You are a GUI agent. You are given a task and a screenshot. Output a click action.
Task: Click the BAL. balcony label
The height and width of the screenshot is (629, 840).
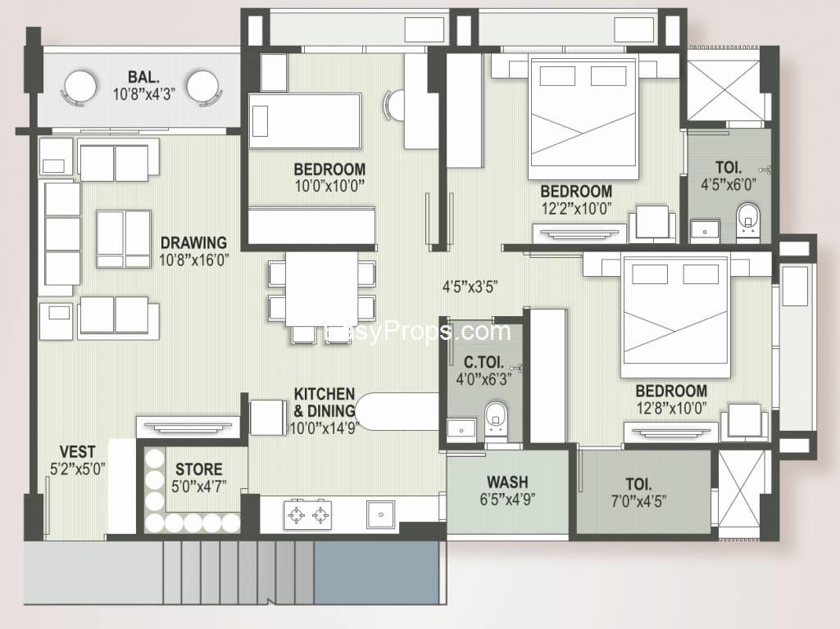pyautogui.click(x=143, y=76)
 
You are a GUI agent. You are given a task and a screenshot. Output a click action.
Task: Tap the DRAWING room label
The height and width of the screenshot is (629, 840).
pyautogui.click(x=193, y=242)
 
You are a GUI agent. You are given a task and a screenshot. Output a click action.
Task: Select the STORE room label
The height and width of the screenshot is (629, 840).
pyautogui.click(x=199, y=469)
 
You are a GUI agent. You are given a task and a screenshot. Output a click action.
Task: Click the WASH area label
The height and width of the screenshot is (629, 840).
pyautogui.click(x=507, y=482)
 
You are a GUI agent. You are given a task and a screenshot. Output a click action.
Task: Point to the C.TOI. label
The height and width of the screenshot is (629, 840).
pyautogui.click(x=484, y=362)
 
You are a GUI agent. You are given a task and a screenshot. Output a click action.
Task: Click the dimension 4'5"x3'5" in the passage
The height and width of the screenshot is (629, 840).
pyautogui.click(x=470, y=287)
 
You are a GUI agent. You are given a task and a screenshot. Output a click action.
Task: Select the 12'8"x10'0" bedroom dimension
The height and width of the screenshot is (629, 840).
pyautogui.click(x=671, y=408)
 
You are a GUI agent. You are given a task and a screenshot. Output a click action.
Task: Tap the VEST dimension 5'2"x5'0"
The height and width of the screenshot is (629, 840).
pyautogui.click(x=77, y=469)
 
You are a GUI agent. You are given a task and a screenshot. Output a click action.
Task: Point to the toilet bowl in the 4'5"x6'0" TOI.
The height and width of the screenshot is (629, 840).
pyautogui.click(x=747, y=219)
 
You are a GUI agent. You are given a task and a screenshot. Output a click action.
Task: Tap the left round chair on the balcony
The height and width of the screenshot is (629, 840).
pyautogui.click(x=80, y=88)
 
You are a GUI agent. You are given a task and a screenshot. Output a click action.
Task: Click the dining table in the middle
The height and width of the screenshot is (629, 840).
pyautogui.click(x=321, y=288)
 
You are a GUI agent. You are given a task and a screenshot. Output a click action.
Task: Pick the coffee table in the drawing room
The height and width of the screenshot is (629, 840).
pyautogui.click(x=123, y=239)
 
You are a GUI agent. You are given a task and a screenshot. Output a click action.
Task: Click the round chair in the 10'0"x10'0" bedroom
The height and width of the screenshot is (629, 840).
pyautogui.click(x=394, y=105)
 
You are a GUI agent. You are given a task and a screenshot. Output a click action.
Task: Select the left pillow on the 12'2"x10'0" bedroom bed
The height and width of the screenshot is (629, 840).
pyautogui.click(x=557, y=76)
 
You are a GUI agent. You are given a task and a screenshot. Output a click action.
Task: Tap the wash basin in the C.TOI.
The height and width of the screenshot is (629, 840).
pyautogui.click(x=461, y=430)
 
